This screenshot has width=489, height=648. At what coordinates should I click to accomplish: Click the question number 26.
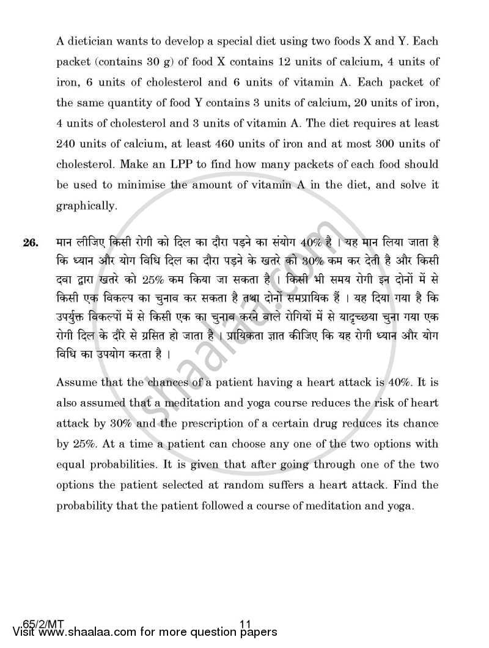coord(31,244)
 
